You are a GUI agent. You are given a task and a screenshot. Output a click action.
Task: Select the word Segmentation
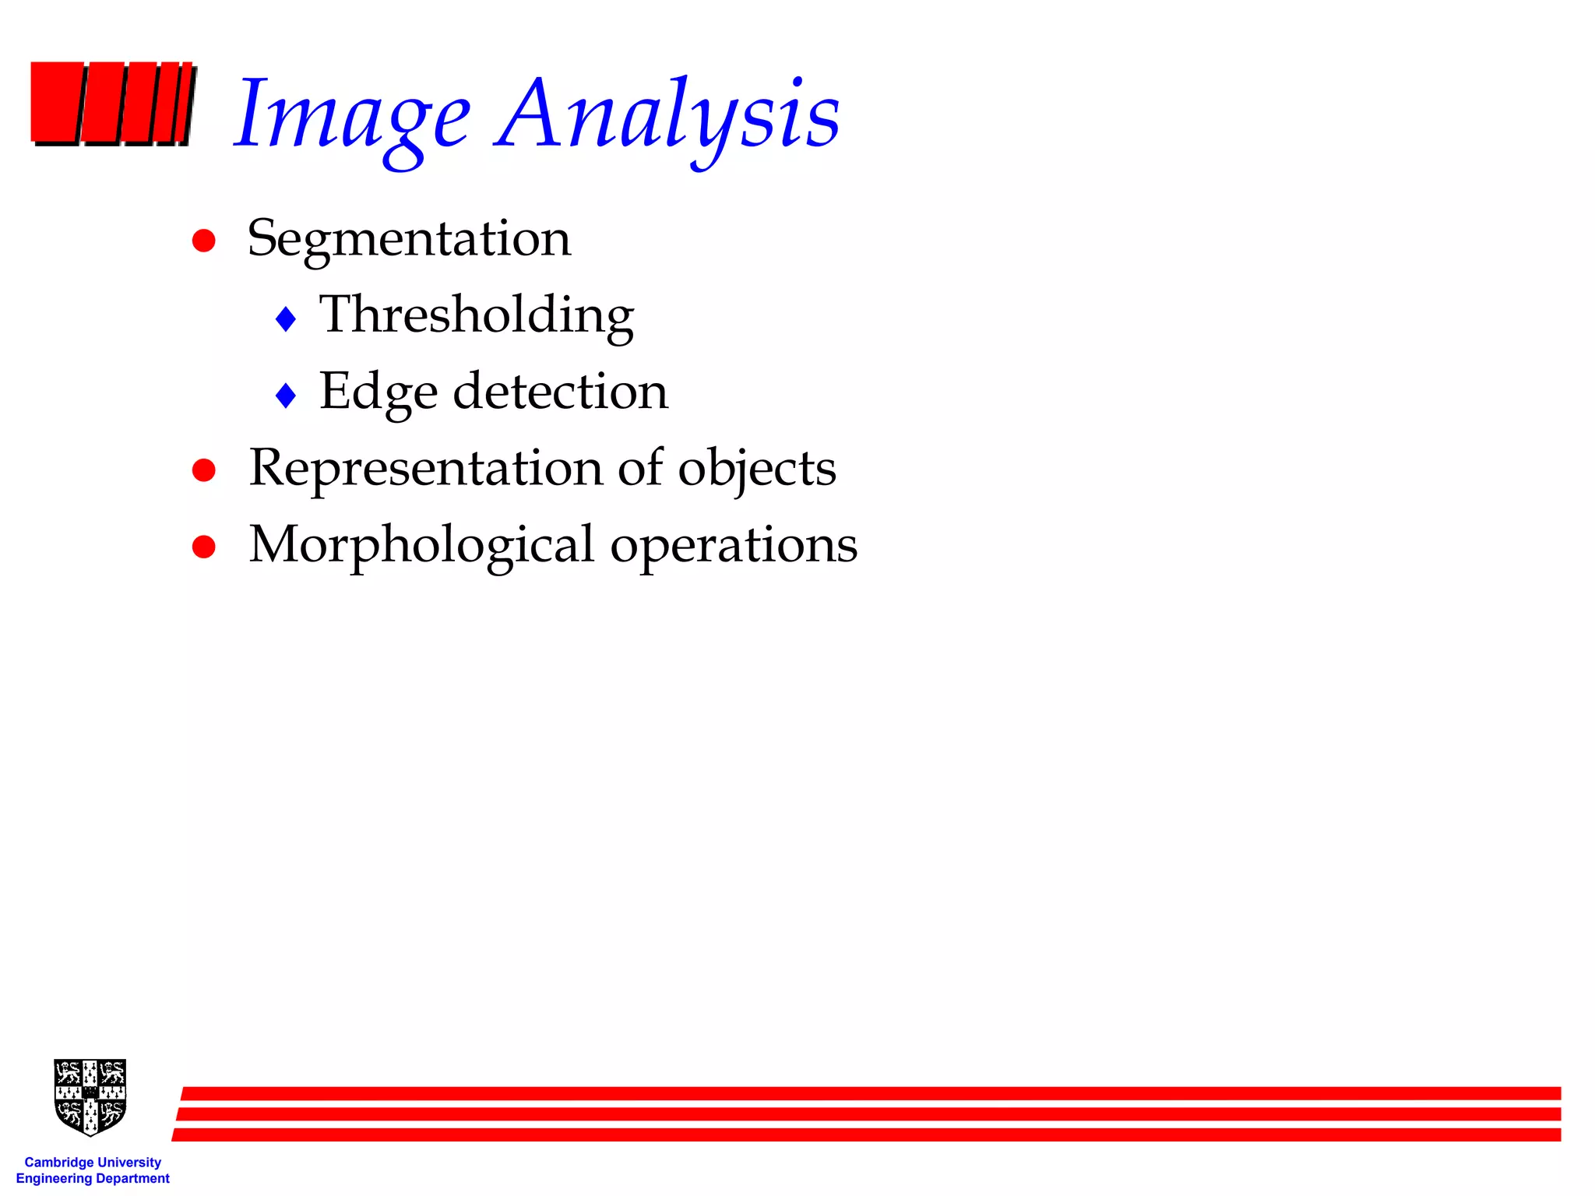point(409,239)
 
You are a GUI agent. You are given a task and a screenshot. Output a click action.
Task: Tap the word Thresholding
point(477,315)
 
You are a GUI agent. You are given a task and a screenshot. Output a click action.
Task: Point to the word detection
point(560,391)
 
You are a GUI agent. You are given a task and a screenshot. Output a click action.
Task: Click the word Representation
point(425,468)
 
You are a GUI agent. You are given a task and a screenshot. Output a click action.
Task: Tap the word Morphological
point(421,545)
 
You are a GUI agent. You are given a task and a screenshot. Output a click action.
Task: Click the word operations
point(734,545)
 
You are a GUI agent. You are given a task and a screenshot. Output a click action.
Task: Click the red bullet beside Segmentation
point(204,240)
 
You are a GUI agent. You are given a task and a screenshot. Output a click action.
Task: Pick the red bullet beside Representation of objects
point(204,470)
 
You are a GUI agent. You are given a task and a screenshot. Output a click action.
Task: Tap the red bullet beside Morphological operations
point(204,547)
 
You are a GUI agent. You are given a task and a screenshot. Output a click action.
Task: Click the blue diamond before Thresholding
point(286,318)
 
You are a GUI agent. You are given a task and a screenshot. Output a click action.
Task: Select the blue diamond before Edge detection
point(286,396)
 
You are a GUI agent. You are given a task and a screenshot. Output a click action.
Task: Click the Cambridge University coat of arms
point(90,1096)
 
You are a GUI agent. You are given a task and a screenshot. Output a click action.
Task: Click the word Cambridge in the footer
point(59,1163)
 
